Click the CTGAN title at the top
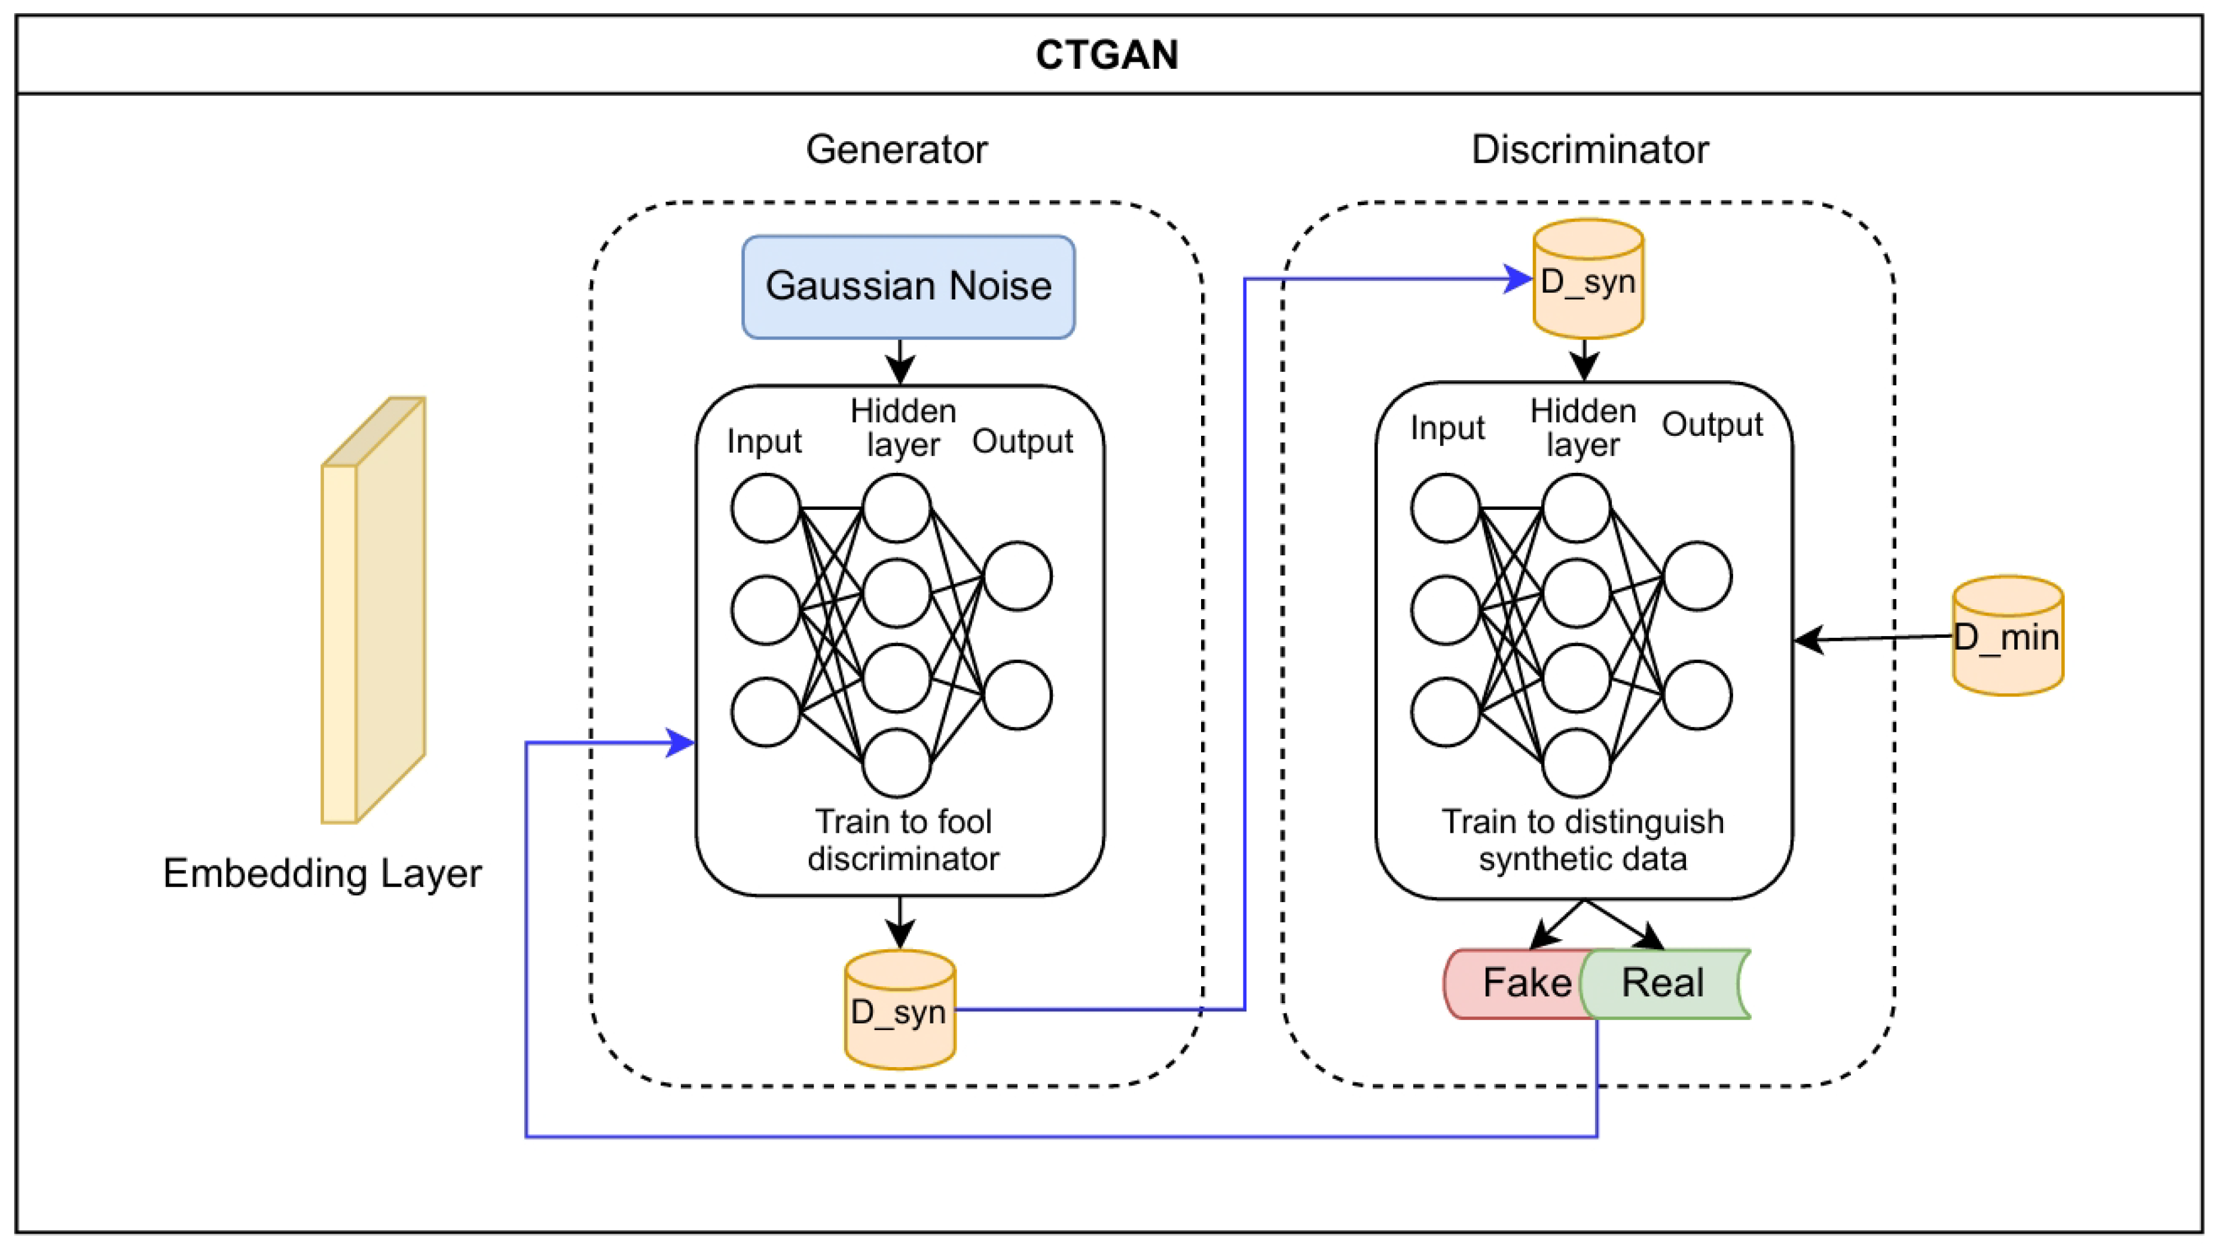[x=1107, y=55]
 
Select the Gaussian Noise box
[x=908, y=287]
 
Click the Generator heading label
[x=896, y=150]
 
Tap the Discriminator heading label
[x=1590, y=150]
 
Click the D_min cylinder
[x=2007, y=637]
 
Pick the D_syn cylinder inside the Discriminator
[x=1588, y=280]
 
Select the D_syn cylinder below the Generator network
[x=900, y=1011]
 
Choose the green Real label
[x=1663, y=983]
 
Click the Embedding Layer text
[x=322, y=874]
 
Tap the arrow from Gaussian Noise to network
[x=900, y=362]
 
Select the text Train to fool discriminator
[x=903, y=841]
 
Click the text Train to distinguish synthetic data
[x=1582, y=841]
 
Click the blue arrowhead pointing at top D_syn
[x=1517, y=279]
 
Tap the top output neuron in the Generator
[x=1017, y=576]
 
